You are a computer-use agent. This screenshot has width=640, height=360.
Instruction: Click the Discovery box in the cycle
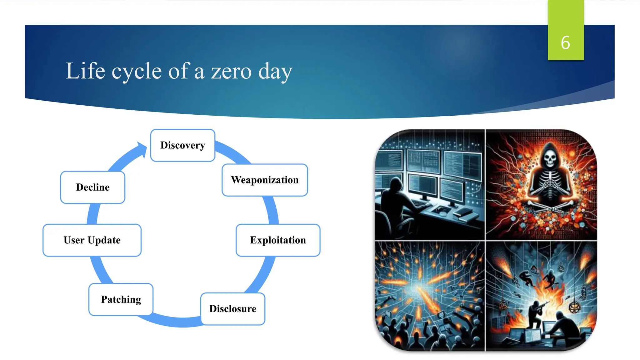pyautogui.click(x=183, y=145)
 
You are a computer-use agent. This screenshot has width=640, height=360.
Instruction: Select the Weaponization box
pyautogui.click(x=265, y=180)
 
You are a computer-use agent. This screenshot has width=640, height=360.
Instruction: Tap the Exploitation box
pyautogui.click(x=278, y=240)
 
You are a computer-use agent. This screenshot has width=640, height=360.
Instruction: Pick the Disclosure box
pyautogui.click(x=233, y=309)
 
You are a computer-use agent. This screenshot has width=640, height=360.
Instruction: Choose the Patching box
pyautogui.click(x=121, y=299)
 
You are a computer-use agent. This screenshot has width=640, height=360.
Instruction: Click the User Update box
pyautogui.click(x=92, y=240)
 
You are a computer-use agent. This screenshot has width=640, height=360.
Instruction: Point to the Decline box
pyautogui.click(x=93, y=187)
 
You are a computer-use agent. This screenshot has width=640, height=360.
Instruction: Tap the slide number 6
pyautogui.click(x=565, y=43)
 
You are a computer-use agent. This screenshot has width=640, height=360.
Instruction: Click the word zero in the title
pyautogui.click(x=231, y=71)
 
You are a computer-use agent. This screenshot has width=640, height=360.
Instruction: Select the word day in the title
pyautogui.click(x=275, y=72)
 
